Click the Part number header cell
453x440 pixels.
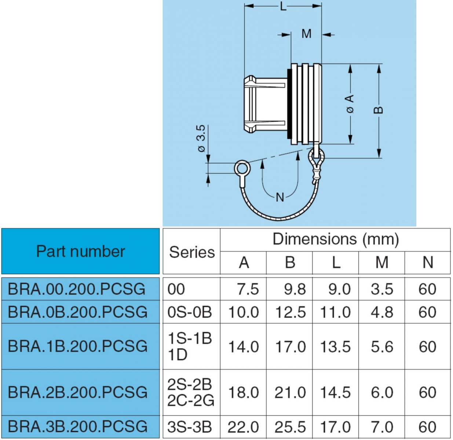pyautogui.click(x=80, y=252)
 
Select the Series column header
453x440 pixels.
pyautogui.click(x=191, y=252)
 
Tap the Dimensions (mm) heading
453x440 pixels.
pyautogui.click(x=335, y=239)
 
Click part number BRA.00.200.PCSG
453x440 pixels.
pyautogui.click(x=77, y=289)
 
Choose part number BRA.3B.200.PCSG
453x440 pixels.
pyautogui.click(x=77, y=426)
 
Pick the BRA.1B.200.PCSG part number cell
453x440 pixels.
pyautogui.click(x=77, y=346)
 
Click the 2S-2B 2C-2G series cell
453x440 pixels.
pyautogui.click(x=191, y=392)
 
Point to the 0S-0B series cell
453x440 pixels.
pyautogui.click(x=190, y=312)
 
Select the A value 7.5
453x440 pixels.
pyautogui.click(x=248, y=289)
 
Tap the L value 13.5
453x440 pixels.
pyautogui.click(x=336, y=346)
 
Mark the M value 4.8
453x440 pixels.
pyautogui.click(x=382, y=312)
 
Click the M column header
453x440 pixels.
pyautogui.click(x=382, y=263)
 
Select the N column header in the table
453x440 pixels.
pyautogui.click(x=428, y=263)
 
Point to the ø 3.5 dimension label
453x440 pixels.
pyautogui.click(x=201, y=139)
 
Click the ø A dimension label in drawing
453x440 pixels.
pyautogui.click(x=350, y=103)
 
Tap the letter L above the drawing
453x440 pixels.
pyautogui.click(x=283, y=6)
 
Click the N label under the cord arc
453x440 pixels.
pyautogui.click(x=280, y=197)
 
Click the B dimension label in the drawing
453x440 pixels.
pyautogui.click(x=379, y=110)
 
